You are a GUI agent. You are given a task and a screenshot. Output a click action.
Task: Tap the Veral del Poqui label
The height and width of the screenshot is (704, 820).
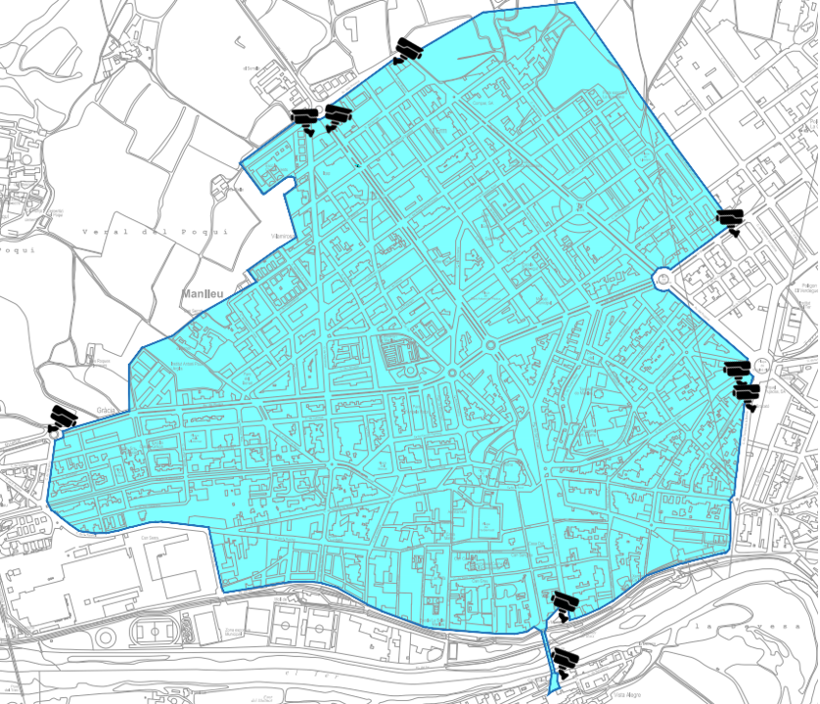tap(156, 232)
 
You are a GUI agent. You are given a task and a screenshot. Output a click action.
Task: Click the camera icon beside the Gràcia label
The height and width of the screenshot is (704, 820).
tap(63, 418)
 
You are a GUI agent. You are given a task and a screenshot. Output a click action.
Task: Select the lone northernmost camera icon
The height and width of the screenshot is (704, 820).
tap(408, 50)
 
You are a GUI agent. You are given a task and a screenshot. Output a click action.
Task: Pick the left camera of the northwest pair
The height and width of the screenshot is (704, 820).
tap(306, 119)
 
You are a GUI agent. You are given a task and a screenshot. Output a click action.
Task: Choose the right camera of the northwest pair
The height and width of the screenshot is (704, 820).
tap(338, 115)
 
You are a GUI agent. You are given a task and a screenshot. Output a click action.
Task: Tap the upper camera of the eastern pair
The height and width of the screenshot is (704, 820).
tap(737, 370)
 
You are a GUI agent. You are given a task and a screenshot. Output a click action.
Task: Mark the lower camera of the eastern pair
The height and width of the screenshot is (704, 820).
tap(747, 394)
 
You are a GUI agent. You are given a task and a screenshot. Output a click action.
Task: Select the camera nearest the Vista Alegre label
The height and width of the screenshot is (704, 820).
tap(566, 660)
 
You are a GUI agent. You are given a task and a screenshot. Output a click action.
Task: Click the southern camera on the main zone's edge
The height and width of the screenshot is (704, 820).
tap(563, 603)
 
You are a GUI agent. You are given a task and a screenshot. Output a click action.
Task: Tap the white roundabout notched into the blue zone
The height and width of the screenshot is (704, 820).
tap(664, 279)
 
